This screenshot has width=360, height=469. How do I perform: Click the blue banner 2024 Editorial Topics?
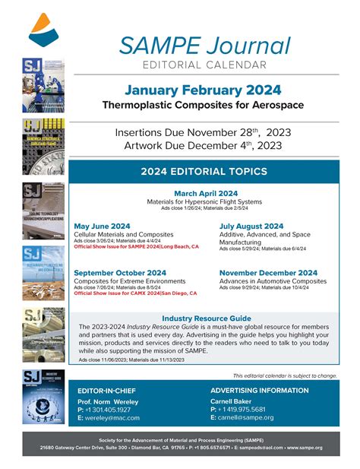click(205, 172)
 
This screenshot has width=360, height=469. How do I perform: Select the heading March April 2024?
click(205, 193)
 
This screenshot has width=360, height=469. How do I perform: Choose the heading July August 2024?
click(251, 227)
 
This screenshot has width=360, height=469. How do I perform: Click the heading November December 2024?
click(268, 273)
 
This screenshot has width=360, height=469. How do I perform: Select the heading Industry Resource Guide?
click(205, 318)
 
